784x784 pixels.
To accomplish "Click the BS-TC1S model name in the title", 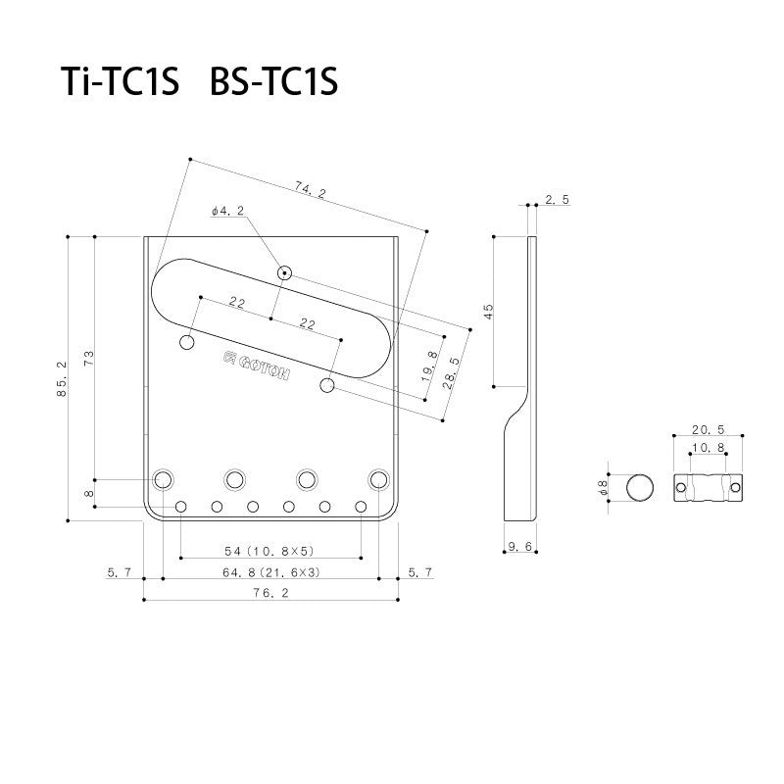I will click(x=273, y=83).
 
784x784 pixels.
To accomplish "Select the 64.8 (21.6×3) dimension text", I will click(x=269, y=570).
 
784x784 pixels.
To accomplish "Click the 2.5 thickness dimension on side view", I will click(x=557, y=199).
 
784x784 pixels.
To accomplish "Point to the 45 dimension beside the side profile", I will click(x=488, y=311).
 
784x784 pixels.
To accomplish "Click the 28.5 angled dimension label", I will click(x=452, y=373).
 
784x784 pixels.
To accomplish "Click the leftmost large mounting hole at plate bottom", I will click(x=164, y=479).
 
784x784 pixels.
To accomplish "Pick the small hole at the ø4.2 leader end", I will click(x=284, y=272).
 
